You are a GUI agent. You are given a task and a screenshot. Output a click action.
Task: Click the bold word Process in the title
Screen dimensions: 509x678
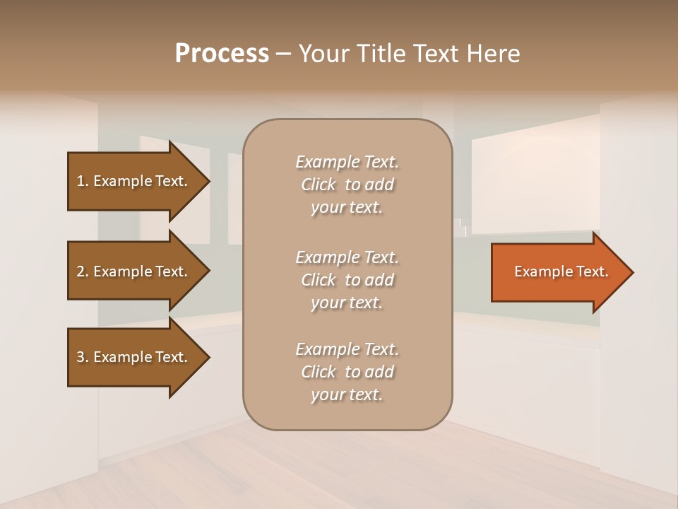pos(222,54)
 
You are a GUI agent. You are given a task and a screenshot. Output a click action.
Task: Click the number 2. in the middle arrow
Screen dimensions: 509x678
pos(83,271)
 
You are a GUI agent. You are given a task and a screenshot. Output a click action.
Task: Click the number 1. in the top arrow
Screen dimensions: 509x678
pos(83,181)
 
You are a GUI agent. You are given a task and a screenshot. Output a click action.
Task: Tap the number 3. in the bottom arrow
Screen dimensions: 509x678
pos(83,357)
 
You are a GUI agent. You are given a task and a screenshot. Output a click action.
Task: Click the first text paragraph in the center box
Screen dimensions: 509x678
pos(347,185)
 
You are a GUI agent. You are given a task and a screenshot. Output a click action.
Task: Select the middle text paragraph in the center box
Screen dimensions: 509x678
pos(347,280)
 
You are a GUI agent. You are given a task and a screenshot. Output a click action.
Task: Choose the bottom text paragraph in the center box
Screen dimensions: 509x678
pos(347,372)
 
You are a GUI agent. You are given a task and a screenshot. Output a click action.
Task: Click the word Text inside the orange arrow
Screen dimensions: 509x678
pos(593,271)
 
